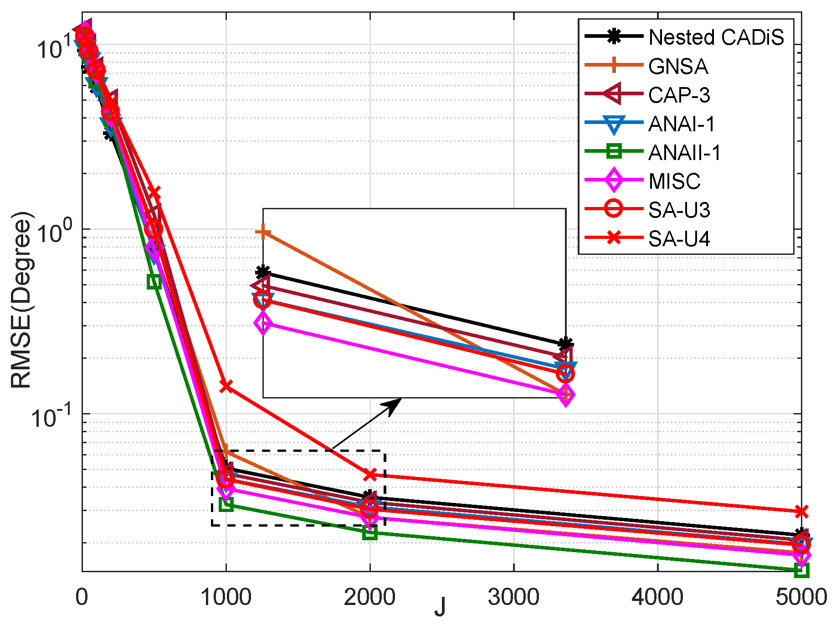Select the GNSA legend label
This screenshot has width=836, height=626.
(x=678, y=66)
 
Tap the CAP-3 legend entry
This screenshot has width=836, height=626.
(x=679, y=95)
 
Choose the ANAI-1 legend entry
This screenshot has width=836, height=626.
(x=682, y=124)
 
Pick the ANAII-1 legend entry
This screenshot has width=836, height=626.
(x=684, y=152)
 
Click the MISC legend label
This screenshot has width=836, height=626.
(x=674, y=181)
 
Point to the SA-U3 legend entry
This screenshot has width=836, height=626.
(x=679, y=210)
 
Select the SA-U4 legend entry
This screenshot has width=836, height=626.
(x=679, y=238)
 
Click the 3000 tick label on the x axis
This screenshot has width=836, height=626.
(x=513, y=597)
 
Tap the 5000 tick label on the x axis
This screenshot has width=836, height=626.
(x=801, y=597)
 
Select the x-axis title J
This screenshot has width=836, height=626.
(x=440, y=607)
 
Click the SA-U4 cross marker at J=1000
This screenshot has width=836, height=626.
(x=226, y=386)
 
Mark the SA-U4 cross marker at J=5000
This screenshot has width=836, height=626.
(x=801, y=512)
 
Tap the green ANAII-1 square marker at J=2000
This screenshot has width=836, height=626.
(x=370, y=532)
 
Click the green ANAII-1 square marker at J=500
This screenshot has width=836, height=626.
(x=154, y=282)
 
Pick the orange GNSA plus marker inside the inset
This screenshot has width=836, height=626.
(x=263, y=232)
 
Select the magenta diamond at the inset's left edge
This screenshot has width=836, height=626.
(x=263, y=324)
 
